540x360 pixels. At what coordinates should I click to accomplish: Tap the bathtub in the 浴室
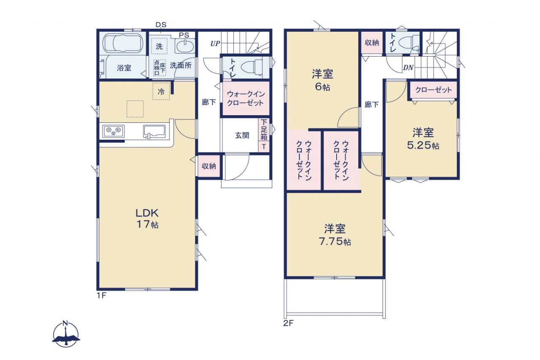coord(122,43)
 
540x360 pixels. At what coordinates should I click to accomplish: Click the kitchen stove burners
coord(113,131)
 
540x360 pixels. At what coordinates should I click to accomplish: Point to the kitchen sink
coord(154,132)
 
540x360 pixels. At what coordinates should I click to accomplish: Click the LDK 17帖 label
coord(147,219)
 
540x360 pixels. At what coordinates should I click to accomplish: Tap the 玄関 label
coord(242,135)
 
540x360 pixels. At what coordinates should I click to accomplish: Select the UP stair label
coord(215,43)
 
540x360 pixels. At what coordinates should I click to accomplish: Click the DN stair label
coord(408,68)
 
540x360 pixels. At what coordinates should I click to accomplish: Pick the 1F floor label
coord(102,295)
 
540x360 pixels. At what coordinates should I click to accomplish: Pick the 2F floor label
coord(288,323)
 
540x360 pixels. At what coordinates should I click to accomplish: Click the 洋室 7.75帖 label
coord(335,235)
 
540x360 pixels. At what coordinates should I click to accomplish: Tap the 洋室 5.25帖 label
coord(423,139)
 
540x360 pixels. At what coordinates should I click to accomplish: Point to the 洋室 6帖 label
coord(323,80)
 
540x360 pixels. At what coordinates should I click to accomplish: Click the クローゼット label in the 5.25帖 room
coord(433,90)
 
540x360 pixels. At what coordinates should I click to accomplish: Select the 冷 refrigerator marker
coord(161,92)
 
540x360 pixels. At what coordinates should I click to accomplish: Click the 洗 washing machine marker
coord(159,46)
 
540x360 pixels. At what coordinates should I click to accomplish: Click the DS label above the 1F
coord(161,24)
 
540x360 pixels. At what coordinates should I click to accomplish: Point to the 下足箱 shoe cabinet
coord(264,130)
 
